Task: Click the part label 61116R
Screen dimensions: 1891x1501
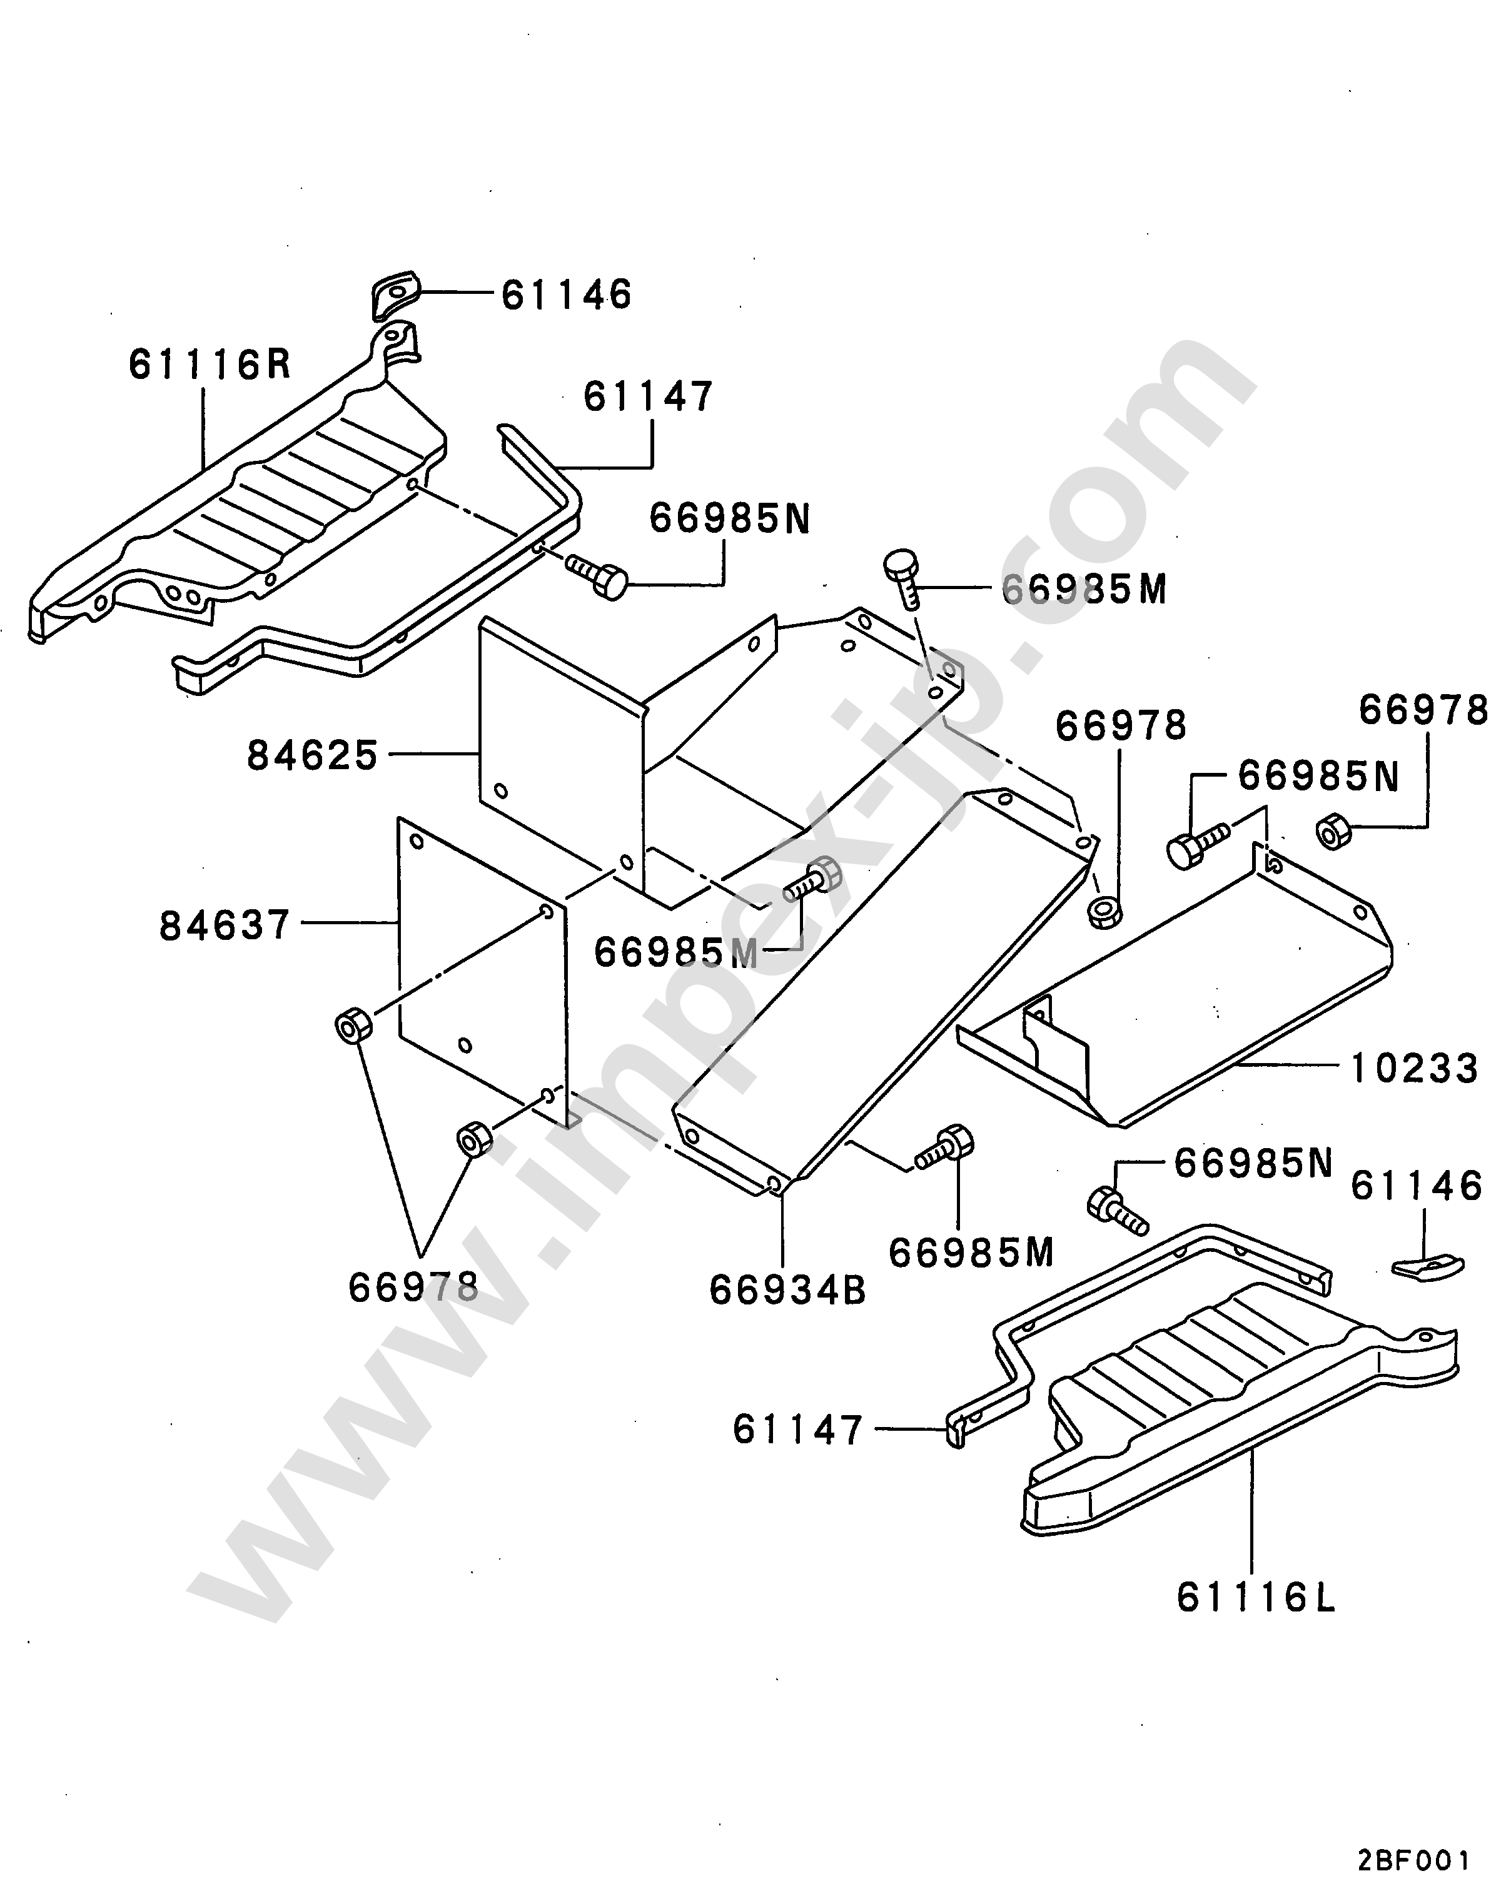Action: (x=210, y=364)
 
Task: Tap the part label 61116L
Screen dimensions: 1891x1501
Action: (x=1255, y=1597)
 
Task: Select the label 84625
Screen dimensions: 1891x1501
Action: (x=312, y=754)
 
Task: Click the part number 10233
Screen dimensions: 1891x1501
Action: (x=1414, y=1068)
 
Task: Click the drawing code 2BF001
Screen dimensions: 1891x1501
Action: (x=1413, y=1856)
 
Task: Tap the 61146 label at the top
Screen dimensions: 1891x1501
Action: (x=567, y=295)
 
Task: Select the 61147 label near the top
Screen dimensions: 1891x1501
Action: (x=649, y=396)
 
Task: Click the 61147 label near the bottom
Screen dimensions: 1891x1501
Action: (x=798, y=1430)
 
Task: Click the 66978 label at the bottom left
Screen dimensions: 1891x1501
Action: (x=413, y=1288)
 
